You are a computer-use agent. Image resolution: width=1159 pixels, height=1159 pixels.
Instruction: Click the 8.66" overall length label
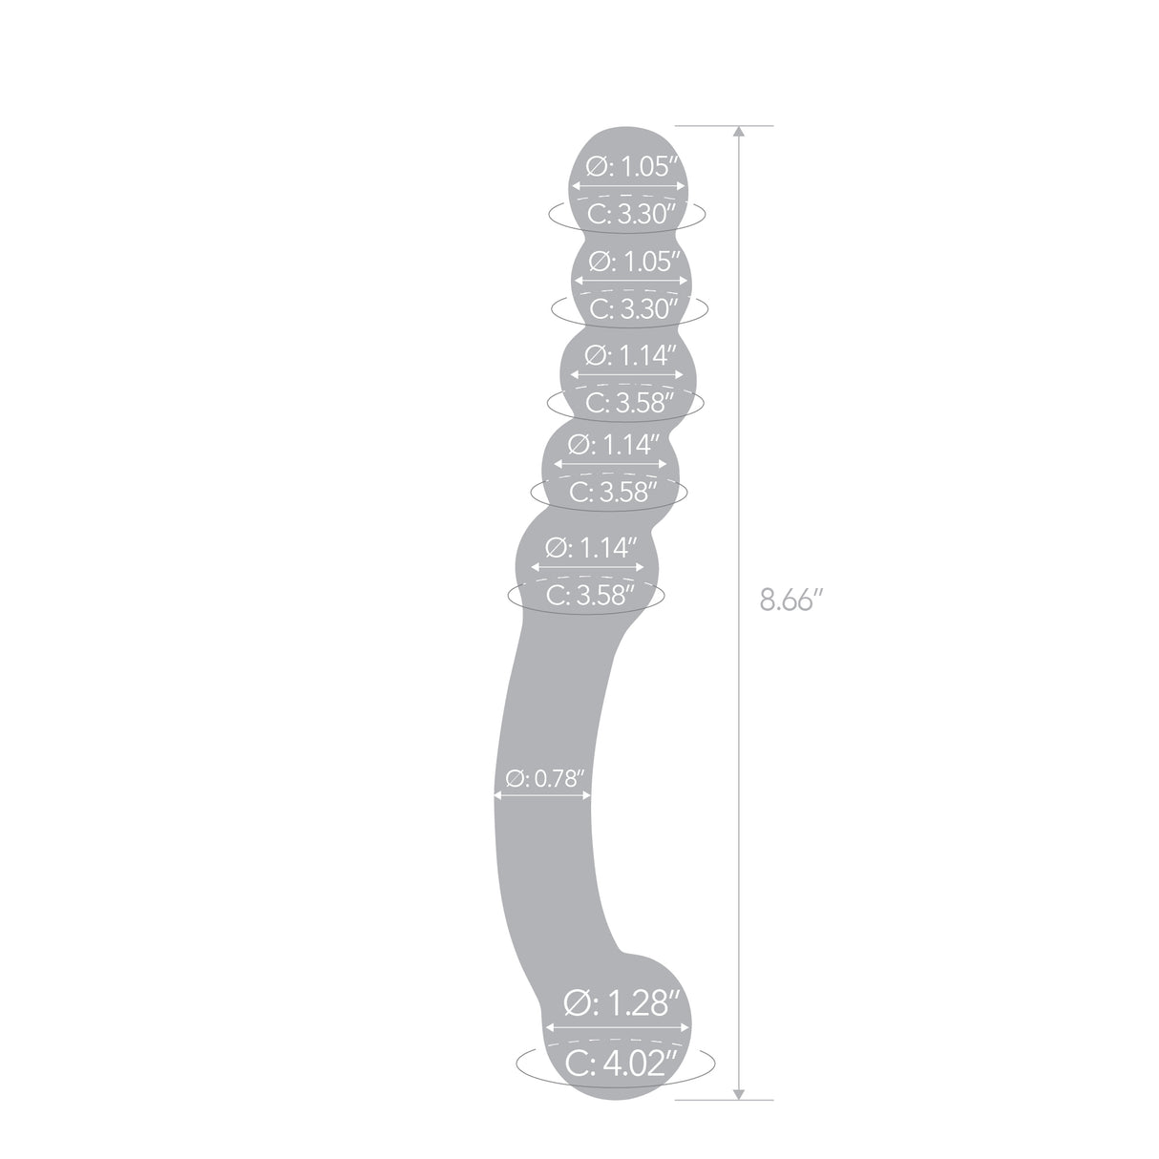coord(791,601)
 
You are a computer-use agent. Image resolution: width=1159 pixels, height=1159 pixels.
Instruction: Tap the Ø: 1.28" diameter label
coord(622,1004)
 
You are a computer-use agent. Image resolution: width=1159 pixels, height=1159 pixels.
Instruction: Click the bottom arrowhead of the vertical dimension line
coord(738,1093)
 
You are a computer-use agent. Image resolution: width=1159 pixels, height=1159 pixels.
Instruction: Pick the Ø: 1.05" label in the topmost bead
coord(631,168)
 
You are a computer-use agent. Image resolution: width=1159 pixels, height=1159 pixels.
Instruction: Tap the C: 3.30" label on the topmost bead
coord(631,214)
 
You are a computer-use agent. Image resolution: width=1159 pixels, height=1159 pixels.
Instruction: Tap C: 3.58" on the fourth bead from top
coord(613,493)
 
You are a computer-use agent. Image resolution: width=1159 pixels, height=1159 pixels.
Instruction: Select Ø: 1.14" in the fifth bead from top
coord(589,548)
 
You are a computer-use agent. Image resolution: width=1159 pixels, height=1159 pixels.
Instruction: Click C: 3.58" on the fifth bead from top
coord(589,596)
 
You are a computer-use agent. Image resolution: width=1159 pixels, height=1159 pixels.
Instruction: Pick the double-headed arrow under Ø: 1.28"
coord(617,1028)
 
